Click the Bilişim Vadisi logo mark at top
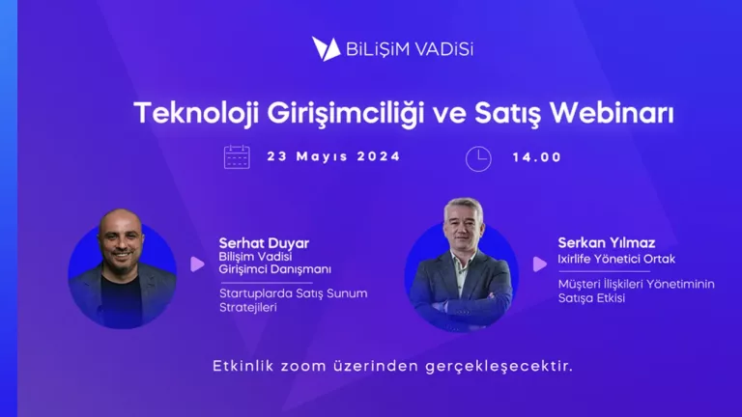pyautogui.click(x=326, y=49)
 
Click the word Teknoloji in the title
pyautogui.click(x=196, y=115)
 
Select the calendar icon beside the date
pyautogui.click(x=237, y=157)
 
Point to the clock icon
pyautogui.click(x=478, y=159)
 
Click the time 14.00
pyautogui.click(x=537, y=157)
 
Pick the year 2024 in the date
pyautogui.click(x=379, y=156)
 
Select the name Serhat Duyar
pyautogui.click(x=264, y=243)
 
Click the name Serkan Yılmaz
pyautogui.click(x=606, y=243)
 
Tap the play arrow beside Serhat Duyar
pyautogui.click(x=197, y=264)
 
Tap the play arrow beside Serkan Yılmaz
pyautogui.click(x=539, y=264)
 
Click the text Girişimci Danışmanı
pyautogui.click(x=275, y=269)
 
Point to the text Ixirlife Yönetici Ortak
pyautogui.click(x=616, y=259)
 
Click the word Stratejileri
pyautogui.click(x=248, y=308)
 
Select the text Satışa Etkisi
pyautogui.click(x=591, y=298)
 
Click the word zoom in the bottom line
pyautogui.click(x=300, y=367)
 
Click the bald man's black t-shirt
pyautogui.click(x=121, y=298)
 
